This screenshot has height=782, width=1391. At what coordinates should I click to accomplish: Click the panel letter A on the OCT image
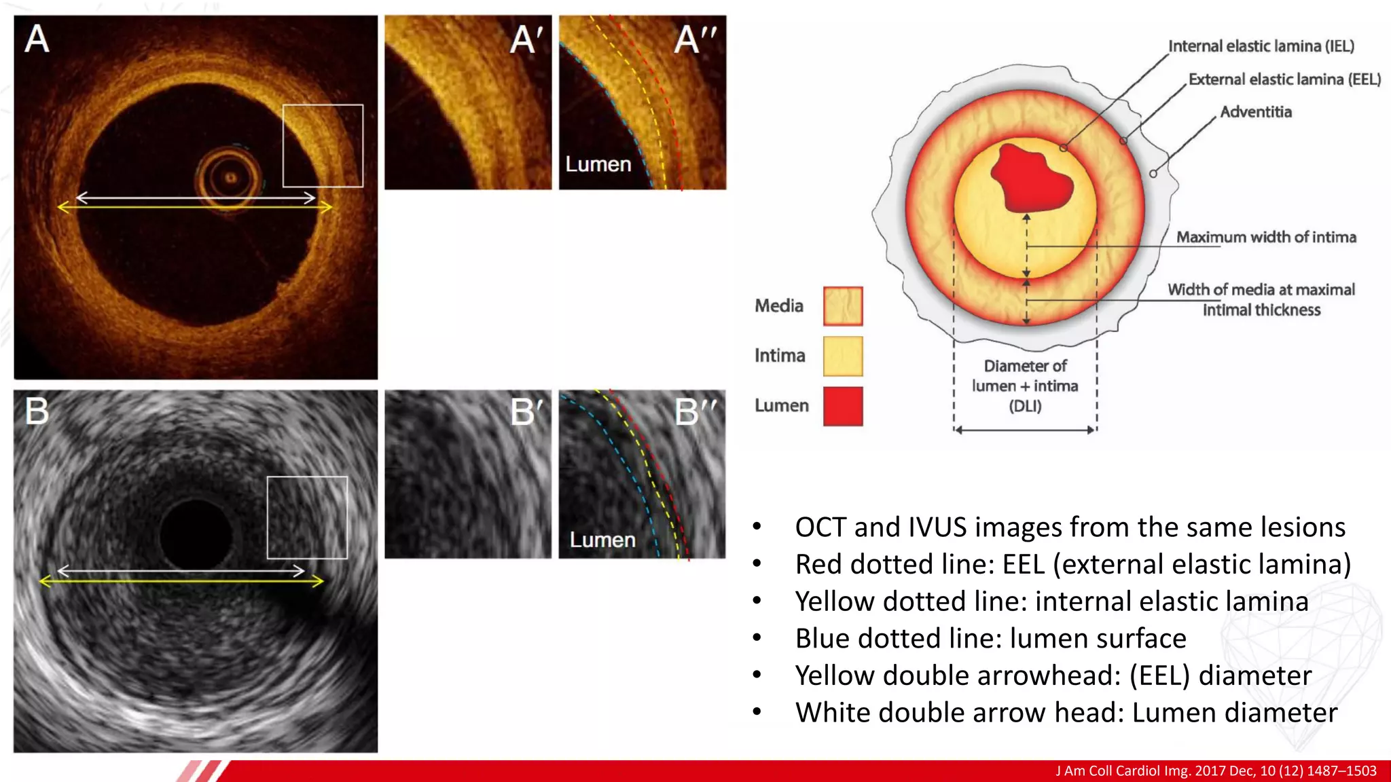(37, 39)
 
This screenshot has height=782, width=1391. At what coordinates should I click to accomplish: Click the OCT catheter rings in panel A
(230, 178)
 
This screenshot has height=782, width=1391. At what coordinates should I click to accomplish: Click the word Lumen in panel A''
(598, 164)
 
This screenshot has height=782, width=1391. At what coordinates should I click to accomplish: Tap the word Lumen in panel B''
(602, 540)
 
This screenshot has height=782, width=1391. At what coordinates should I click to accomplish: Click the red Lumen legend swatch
(843, 406)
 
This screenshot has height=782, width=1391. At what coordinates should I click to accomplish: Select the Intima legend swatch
(843, 356)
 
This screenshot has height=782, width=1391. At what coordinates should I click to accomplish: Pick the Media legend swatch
(843, 306)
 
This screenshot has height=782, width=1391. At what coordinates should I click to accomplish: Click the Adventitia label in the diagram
(1256, 112)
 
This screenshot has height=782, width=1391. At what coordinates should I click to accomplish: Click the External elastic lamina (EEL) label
(1284, 79)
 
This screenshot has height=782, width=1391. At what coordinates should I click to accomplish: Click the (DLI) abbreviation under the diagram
(1025, 406)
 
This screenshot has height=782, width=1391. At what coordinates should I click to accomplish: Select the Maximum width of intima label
(1266, 237)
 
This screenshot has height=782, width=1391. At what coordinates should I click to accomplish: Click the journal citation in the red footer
(1216, 770)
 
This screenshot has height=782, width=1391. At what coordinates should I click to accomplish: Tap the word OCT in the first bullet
(820, 527)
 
